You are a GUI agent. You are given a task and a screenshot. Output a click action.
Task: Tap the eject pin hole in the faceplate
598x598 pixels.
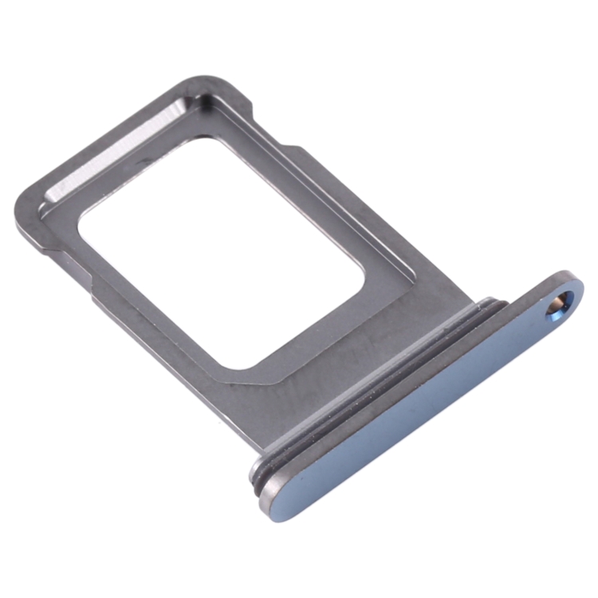pos(561,304)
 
